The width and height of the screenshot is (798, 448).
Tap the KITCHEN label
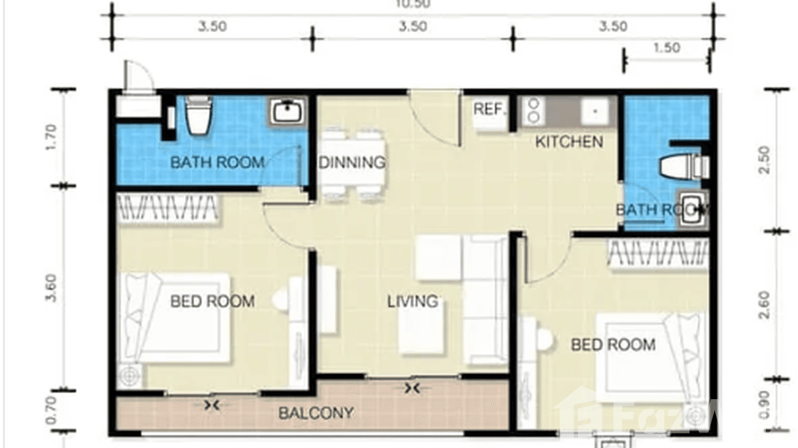[569, 141]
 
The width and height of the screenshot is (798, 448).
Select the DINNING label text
[352, 162]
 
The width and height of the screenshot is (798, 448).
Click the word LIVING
[412, 301]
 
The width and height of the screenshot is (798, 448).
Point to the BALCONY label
[316, 412]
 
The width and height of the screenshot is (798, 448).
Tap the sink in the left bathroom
[288, 111]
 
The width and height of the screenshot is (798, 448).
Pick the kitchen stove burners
[533, 111]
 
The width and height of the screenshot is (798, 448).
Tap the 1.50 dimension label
[666, 48]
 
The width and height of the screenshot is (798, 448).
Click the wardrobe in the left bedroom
[167, 208]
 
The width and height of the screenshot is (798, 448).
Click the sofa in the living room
[485, 299]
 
